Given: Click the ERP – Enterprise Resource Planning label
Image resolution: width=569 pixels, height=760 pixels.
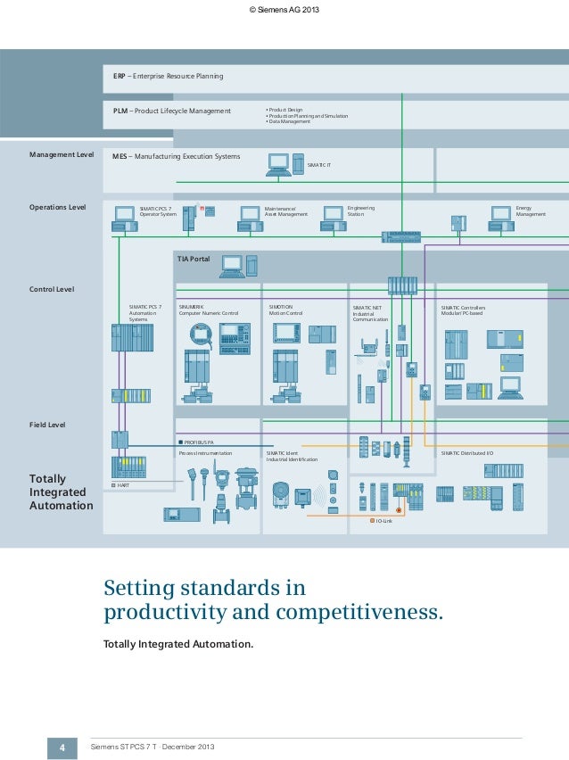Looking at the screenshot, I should [x=168, y=77].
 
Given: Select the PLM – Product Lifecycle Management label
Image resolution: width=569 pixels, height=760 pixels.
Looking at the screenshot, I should [x=171, y=112].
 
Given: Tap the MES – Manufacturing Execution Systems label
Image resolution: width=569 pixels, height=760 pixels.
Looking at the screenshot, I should [x=176, y=156].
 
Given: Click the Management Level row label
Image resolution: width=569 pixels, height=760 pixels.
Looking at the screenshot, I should [x=62, y=154].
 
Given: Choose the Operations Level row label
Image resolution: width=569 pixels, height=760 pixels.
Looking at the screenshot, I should [x=58, y=207].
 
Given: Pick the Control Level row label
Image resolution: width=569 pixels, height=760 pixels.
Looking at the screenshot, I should [x=52, y=289].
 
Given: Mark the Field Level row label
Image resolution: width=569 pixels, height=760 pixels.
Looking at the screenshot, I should [x=48, y=425].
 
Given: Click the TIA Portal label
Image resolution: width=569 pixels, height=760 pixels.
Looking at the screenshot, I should [x=194, y=259].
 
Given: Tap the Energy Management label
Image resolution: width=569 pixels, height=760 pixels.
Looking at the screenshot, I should [x=530, y=211].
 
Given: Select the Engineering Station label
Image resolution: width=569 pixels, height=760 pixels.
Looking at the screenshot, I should [x=361, y=211].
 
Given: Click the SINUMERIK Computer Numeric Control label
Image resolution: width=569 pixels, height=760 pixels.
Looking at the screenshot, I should [x=209, y=310].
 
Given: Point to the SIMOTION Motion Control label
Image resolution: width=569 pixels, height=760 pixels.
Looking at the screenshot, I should [x=285, y=310].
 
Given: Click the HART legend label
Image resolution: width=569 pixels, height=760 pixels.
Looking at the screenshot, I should [x=124, y=484].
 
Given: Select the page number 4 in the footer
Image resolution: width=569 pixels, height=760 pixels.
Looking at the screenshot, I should [x=62, y=746].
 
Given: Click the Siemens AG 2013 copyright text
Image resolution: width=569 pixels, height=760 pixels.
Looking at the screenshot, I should [x=284, y=10].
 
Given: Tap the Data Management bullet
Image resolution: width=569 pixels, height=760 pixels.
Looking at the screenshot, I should [x=289, y=121].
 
